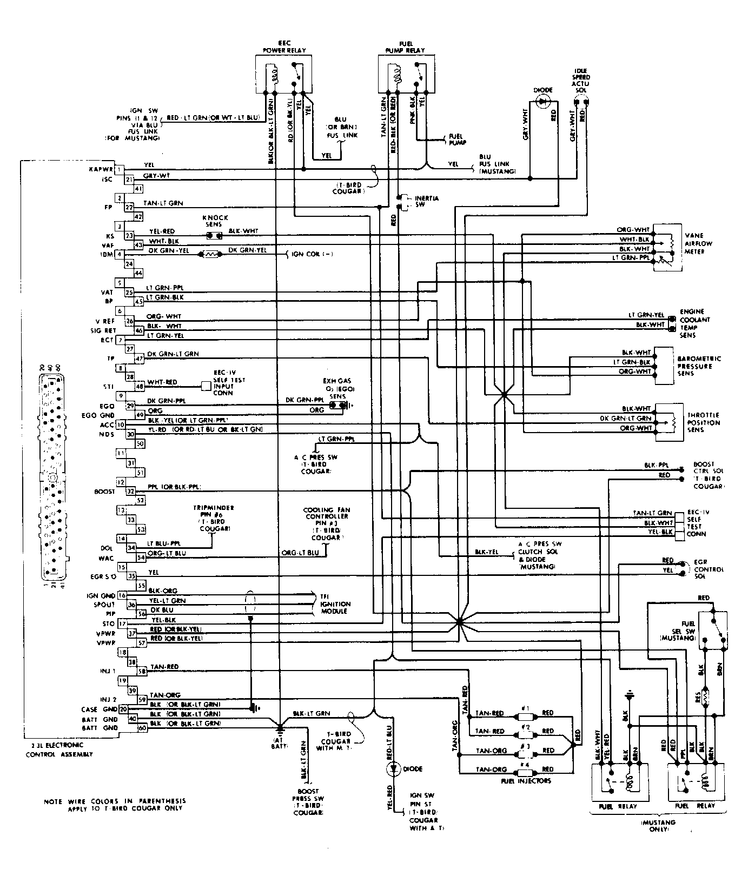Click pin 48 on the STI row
pos(140,386)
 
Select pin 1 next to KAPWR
pos(120,169)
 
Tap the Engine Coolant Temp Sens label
pos(695,323)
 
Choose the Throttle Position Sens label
pos(704,422)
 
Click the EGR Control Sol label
pos(709,569)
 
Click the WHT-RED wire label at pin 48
pos(162,382)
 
